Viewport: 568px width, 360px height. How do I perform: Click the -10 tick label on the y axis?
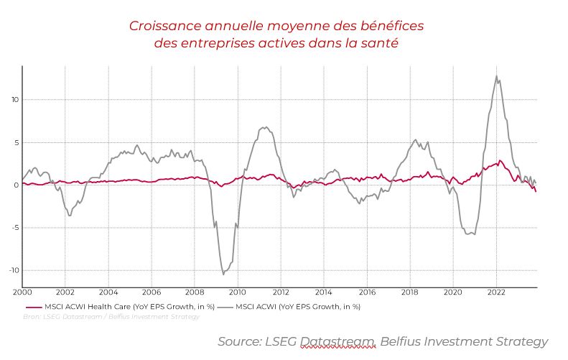(14, 271)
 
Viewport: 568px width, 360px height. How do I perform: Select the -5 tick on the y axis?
(15, 228)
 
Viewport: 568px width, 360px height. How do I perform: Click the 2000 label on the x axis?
(23, 293)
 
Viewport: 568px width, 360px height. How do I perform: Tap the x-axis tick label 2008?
(194, 293)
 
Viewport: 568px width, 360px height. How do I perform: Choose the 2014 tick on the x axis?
(323, 293)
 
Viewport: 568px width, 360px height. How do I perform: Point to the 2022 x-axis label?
(495, 293)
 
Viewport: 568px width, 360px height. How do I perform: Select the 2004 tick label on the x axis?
(108, 293)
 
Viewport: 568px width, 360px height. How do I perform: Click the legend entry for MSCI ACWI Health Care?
(129, 306)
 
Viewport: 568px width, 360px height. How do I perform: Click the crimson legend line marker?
(32, 306)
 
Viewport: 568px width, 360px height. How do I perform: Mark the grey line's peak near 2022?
(496, 76)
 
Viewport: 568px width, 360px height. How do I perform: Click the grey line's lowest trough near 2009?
(223, 274)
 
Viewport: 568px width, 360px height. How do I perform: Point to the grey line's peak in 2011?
(264, 128)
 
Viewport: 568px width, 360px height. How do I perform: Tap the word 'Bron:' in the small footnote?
(32, 316)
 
